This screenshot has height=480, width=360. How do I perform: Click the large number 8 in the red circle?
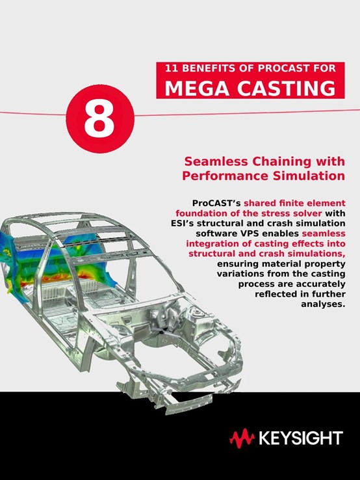pyautogui.click(x=99, y=119)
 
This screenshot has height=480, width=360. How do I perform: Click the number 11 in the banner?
pyautogui.click(x=172, y=68)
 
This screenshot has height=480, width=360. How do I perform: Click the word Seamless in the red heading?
pyautogui.click(x=215, y=161)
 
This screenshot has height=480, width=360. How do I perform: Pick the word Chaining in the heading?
pyautogui.click(x=281, y=162)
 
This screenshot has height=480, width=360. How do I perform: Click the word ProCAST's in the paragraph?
pyautogui.click(x=216, y=204)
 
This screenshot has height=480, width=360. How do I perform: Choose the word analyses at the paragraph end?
pyautogui.click(x=323, y=304)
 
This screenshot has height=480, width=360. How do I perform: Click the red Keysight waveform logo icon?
pyautogui.click(x=242, y=438)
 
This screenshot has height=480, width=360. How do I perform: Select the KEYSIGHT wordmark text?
pyautogui.click(x=301, y=438)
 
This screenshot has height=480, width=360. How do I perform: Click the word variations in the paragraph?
pyautogui.click(x=238, y=274)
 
